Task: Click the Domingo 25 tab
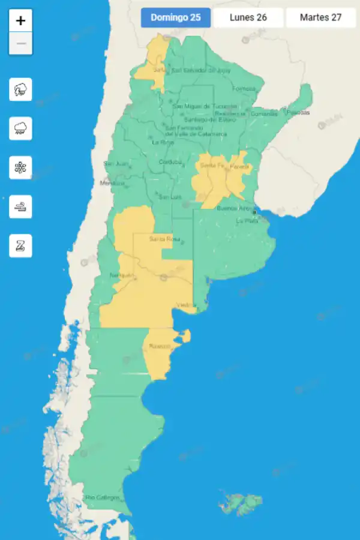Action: (176, 17)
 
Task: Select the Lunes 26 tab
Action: (248, 17)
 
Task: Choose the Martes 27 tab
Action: (321, 17)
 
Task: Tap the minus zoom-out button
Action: (21, 44)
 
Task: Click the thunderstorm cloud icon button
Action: (21, 89)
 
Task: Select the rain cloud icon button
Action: (21, 128)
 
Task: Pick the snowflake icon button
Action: (21, 167)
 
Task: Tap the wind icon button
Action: (21, 206)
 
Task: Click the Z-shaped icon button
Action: (21, 245)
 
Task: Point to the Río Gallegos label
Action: (102, 497)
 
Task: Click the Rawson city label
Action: (160, 346)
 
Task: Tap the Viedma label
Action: (185, 305)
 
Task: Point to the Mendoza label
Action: (112, 183)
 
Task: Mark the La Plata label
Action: (247, 221)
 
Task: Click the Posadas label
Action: (298, 112)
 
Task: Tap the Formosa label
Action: (244, 89)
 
